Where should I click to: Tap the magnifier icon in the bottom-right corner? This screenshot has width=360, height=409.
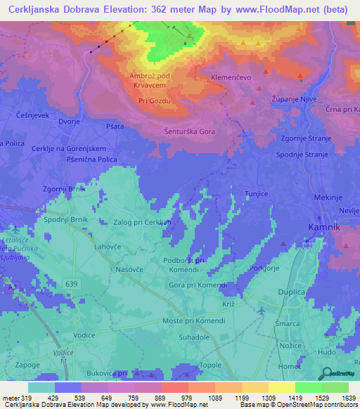[326, 373]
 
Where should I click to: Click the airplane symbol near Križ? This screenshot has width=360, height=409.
[261, 310]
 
